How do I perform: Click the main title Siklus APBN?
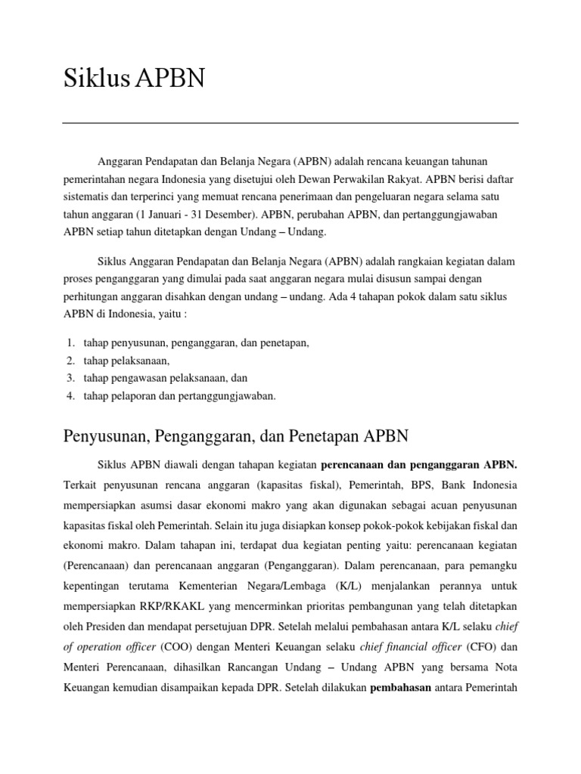click(134, 79)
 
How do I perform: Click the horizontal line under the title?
click(290, 122)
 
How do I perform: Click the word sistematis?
click(86, 197)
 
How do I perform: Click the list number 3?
click(70, 377)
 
